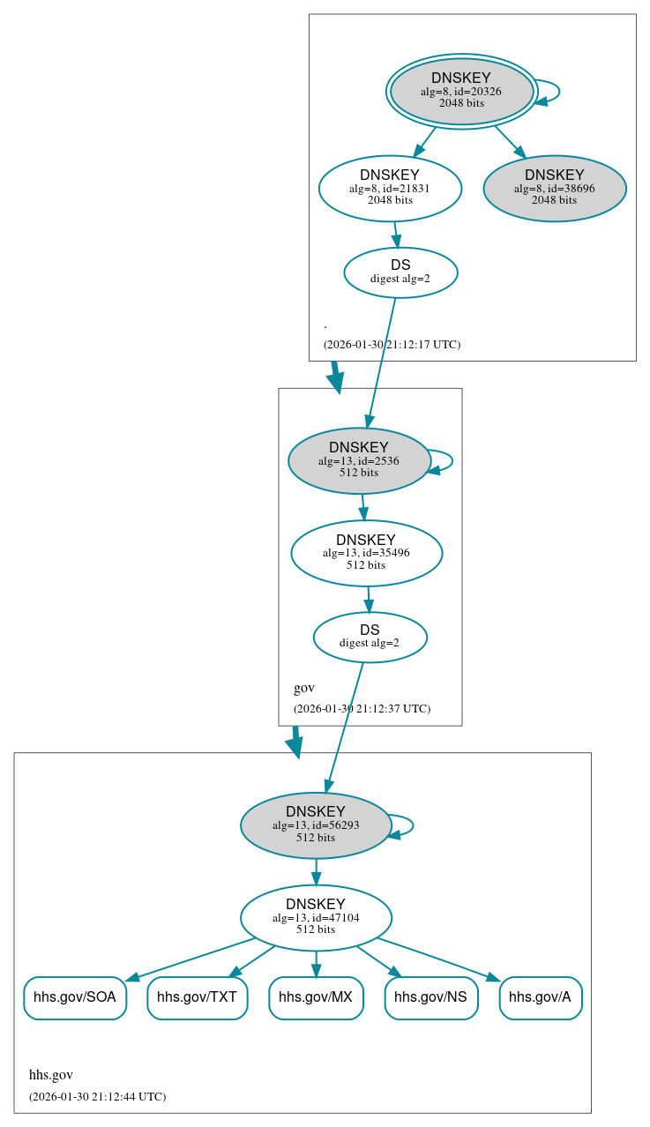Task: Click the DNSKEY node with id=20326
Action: pyautogui.click(x=461, y=91)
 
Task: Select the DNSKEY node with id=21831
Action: pyautogui.click(x=390, y=188)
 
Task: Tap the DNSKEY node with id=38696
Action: pyautogui.click(x=554, y=188)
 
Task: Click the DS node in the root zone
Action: pyautogui.click(x=400, y=272)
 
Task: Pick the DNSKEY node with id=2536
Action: pyautogui.click(x=358, y=460)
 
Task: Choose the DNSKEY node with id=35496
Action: pyautogui.click(x=366, y=553)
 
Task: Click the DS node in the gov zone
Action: pyautogui.click(x=370, y=637)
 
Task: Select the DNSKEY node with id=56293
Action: pyautogui.click(x=315, y=825)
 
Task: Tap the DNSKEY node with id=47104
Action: pyautogui.click(x=315, y=917)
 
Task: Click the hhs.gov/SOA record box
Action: pyautogui.click(x=75, y=997)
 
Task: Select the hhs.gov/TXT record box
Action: pyautogui.click(x=197, y=997)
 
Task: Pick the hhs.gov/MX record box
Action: pyautogui.click(x=316, y=997)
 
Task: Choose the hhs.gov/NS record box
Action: pyautogui.click(x=430, y=997)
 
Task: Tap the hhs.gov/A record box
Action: pyautogui.click(x=540, y=997)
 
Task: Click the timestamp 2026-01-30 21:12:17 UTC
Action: pyautogui.click(x=392, y=344)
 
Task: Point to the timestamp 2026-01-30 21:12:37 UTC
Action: pyautogui.click(x=362, y=708)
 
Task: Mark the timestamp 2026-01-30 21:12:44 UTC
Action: pyautogui.click(x=97, y=1096)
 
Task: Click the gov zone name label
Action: pyautogui.click(x=303, y=688)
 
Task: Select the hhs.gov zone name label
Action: pyautogui.click(x=51, y=1075)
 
